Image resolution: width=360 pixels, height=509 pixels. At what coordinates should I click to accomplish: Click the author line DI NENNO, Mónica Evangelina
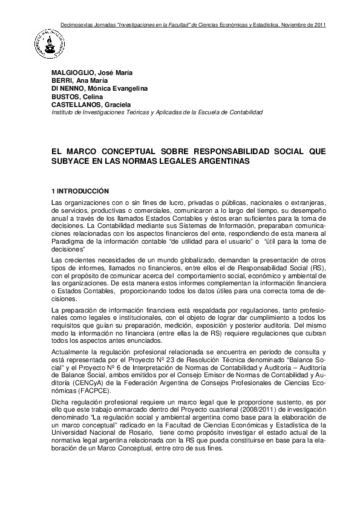click(99, 88)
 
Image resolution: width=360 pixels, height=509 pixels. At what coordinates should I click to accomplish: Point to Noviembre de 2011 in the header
click(304, 25)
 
